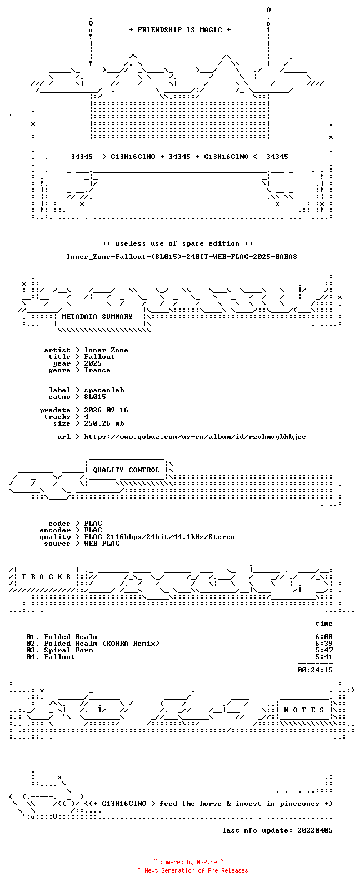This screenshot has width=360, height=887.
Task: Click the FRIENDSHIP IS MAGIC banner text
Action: pos(180,29)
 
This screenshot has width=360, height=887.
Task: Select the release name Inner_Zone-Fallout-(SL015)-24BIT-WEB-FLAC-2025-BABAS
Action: pos(182,257)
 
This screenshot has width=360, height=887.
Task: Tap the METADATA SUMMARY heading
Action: pos(97,316)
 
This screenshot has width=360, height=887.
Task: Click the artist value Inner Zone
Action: pos(106,350)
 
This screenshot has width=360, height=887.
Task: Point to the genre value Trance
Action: pos(97,370)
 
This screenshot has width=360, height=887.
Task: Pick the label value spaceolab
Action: pos(104,390)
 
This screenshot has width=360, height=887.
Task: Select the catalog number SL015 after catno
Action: pos(94,397)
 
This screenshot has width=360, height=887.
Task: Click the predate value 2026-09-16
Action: pos(106,410)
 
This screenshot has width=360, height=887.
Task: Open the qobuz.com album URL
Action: pos(195,437)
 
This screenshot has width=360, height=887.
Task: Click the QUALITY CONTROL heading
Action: pos(126,470)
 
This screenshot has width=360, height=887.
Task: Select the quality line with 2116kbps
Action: pos(159,537)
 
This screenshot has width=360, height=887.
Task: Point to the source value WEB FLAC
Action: pos(101,544)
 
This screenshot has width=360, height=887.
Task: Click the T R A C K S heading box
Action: pos(46,577)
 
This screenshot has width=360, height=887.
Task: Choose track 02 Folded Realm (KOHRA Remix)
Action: pos(93,644)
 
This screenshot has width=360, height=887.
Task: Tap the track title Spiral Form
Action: pos(68,650)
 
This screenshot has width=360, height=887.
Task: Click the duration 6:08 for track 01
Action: pos(323,637)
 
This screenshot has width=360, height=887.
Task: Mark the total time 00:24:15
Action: pos(315,670)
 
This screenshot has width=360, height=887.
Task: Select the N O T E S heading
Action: pos(304,710)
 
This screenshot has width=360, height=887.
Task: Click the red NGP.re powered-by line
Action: pos(188,862)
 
